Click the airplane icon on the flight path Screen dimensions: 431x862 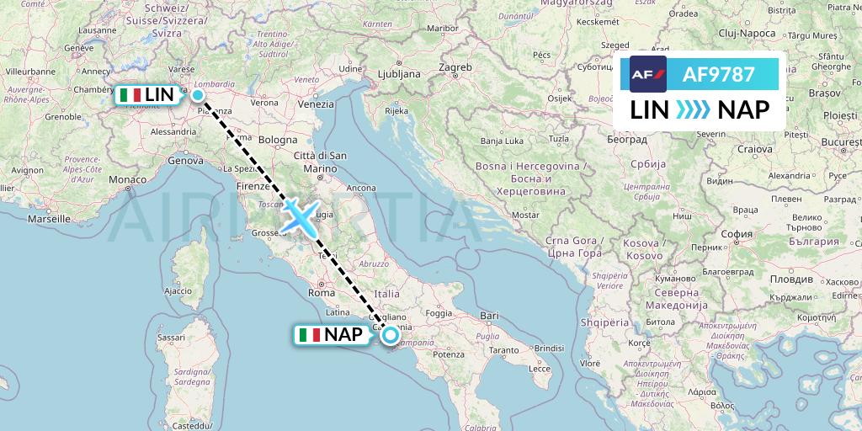301,215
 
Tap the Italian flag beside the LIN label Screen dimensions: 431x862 130,95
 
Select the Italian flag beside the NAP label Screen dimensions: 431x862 310,335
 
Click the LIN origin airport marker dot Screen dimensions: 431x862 198,95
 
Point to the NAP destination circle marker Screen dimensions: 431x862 391,335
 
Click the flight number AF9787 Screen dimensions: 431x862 718,75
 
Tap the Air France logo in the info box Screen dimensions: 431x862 648,75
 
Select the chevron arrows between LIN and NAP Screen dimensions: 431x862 694,109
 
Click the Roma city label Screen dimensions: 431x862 322,293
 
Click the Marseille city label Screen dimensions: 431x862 49,218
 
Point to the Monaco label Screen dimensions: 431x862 127,180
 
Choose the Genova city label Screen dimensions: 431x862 186,160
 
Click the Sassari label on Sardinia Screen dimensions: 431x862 172,337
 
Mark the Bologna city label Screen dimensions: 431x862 278,140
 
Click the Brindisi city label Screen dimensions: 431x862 547,347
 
